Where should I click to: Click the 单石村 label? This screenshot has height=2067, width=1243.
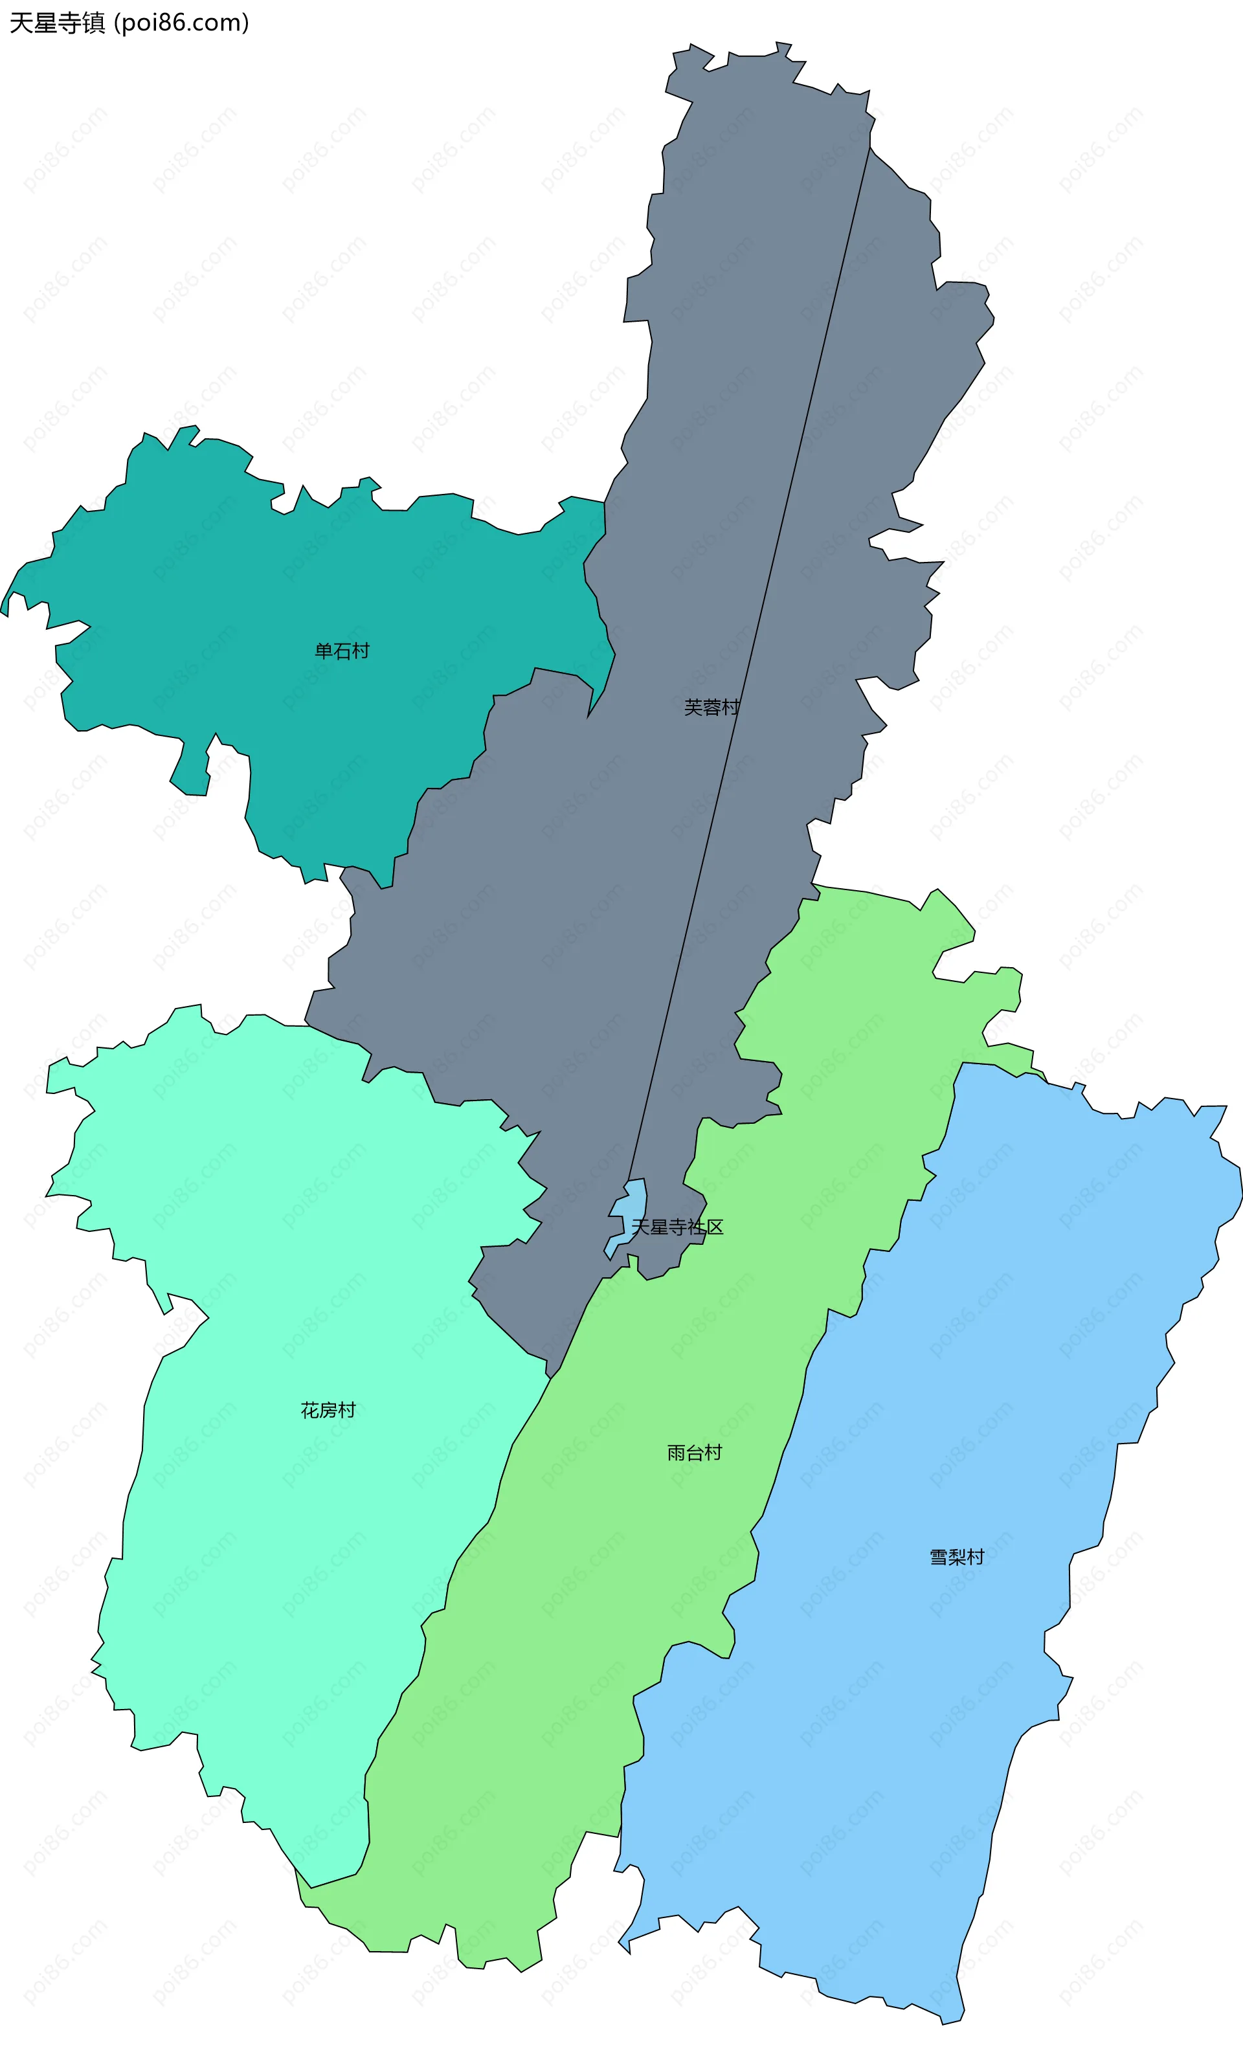pos(342,651)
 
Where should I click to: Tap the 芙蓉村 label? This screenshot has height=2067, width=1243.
pos(711,708)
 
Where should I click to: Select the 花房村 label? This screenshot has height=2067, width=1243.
pos(328,1411)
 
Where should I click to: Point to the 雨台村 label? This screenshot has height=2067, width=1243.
pos(695,1453)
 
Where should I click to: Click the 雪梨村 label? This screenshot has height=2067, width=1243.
pos(957,1557)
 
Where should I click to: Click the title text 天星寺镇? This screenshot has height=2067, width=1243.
pos(57,23)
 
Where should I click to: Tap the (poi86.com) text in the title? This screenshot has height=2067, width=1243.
pos(181,23)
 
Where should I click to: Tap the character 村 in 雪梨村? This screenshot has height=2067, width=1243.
pos(975,1557)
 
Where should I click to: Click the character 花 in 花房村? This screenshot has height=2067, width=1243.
pos(310,1411)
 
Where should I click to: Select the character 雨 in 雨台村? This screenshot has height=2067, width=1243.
pos(676,1453)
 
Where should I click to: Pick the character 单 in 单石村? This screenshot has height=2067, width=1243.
pos(323,651)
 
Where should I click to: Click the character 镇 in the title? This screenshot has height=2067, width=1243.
pos(93,23)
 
